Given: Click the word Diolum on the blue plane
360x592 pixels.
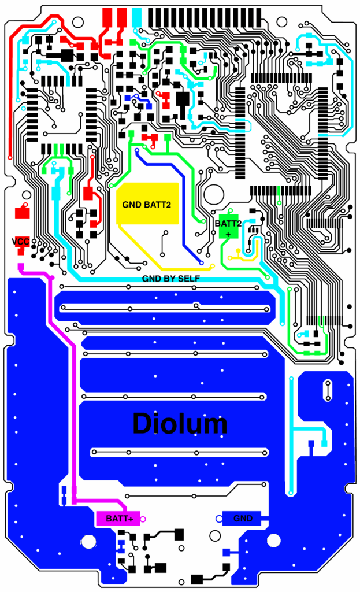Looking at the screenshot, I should [x=180, y=424].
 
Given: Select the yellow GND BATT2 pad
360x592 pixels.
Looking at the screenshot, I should [x=147, y=203].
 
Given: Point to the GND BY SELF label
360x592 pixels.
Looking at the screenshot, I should [x=171, y=279].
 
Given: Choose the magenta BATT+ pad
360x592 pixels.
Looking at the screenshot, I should [x=119, y=519].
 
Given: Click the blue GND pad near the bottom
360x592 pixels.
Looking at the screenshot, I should [x=243, y=519].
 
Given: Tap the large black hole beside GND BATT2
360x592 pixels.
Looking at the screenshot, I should [x=213, y=194].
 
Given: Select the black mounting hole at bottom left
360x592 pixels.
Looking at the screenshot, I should [x=88, y=541].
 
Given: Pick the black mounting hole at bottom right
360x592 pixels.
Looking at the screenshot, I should [x=273, y=541].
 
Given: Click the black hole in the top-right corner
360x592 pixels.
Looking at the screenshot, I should [x=281, y=22].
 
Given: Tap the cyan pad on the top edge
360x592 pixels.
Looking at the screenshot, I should [x=137, y=17].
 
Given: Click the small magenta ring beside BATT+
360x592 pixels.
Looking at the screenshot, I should [x=143, y=519].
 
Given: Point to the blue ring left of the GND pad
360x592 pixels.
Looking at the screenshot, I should [x=219, y=519].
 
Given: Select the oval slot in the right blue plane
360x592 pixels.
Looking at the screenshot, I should [x=328, y=390].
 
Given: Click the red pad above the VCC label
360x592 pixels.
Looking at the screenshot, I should [x=23, y=212].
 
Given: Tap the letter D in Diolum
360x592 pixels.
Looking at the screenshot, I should [x=142, y=424].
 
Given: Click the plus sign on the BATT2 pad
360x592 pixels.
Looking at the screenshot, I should [x=228, y=234].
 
